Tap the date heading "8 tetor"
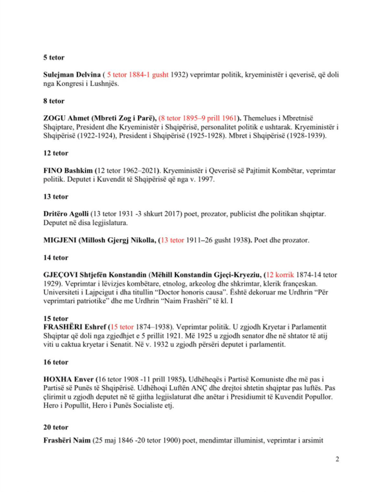click(x=54, y=101)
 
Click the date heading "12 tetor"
click(x=55, y=153)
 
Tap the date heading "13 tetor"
click(x=55, y=196)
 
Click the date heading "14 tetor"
click(x=55, y=257)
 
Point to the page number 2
click(x=337, y=459)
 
